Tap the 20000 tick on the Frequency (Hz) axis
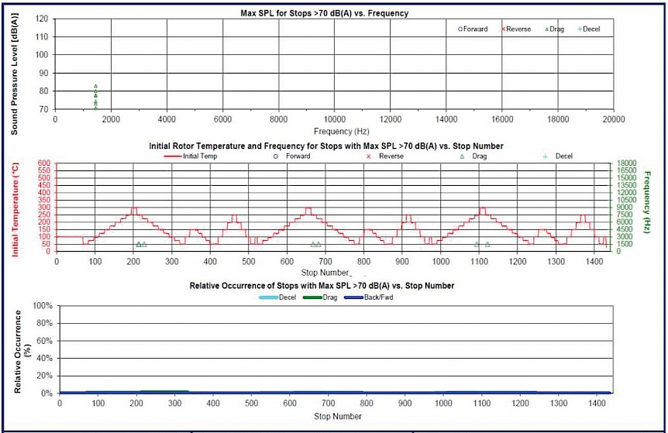(x=614, y=120)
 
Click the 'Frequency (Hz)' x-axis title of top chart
(x=334, y=131)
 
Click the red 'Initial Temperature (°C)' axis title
(x=15, y=207)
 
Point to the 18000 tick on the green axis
(x=625, y=163)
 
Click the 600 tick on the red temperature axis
(x=44, y=163)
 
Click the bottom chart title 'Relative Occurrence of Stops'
(x=322, y=286)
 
